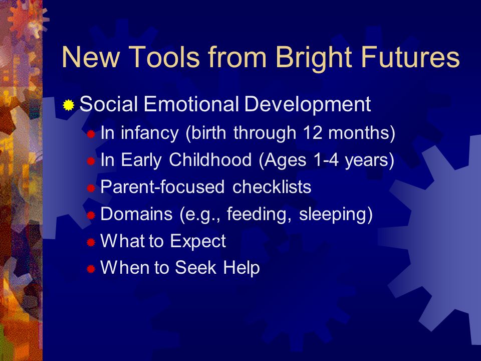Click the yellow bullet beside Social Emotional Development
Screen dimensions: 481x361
click(x=69, y=105)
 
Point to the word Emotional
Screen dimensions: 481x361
click(x=191, y=104)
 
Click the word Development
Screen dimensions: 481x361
click(x=307, y=104)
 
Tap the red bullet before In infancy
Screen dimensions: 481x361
click(x=91, y=134)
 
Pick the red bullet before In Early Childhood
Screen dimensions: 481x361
click(x=91, y=161)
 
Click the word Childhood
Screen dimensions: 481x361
click(x=210, y=159)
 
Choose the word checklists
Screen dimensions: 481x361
click(x=272, y=187)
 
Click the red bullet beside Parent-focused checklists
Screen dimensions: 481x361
click(x=91, y=188)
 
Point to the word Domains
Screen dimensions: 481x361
click(x=136, y=214)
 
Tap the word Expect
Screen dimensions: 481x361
click(x=197, y=241)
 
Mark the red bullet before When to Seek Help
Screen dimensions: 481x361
click(x=91, y=269)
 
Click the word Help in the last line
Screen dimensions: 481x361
click(x=242, y=268)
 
